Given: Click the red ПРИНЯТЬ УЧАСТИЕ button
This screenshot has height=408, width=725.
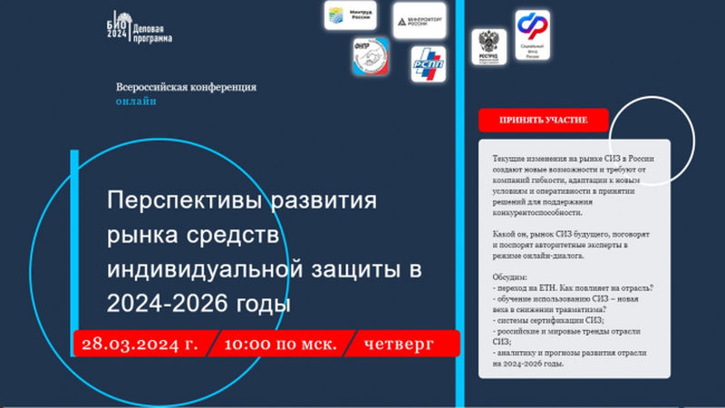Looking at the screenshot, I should pos(543,121).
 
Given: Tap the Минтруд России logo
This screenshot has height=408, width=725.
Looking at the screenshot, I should pos(349,15).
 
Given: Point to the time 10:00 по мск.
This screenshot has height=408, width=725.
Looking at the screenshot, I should pos(279,344).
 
